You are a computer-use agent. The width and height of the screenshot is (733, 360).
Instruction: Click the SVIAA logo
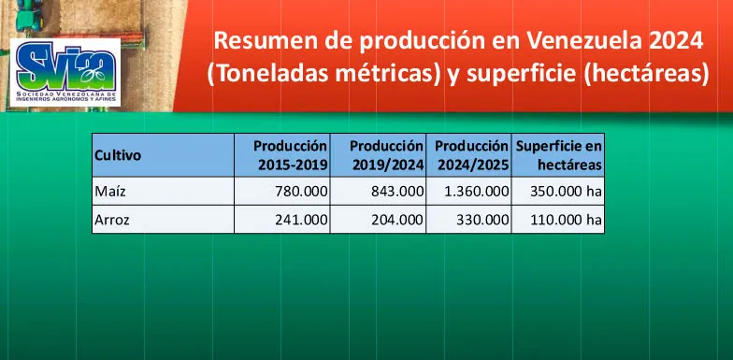(63, 72)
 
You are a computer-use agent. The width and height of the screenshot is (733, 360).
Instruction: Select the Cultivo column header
(118, 155)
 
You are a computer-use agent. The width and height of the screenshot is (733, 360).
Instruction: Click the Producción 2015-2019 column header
(291, 155)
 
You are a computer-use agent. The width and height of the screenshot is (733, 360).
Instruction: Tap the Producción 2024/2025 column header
(472, 155)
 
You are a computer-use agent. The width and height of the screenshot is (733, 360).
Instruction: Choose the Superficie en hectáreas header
(559, 155)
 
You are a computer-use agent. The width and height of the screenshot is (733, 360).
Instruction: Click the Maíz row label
(110, 192)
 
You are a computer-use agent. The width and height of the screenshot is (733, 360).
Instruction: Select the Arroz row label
(113, 221)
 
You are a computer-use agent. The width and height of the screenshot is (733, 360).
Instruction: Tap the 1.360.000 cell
(472, 192)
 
